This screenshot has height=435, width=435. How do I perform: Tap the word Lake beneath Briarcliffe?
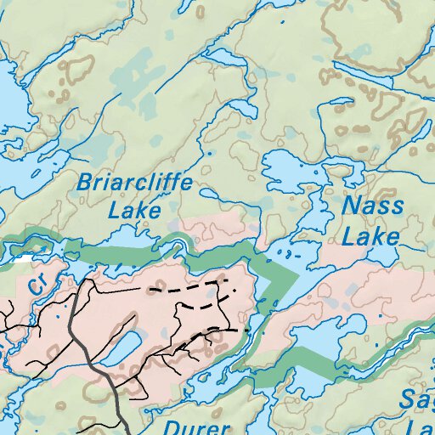tap(135, 209)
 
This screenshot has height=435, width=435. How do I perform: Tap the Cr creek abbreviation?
tap(37, 285)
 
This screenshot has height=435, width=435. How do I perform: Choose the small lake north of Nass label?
tap(289, 170)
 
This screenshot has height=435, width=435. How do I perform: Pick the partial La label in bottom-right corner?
tap(421, 427)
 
